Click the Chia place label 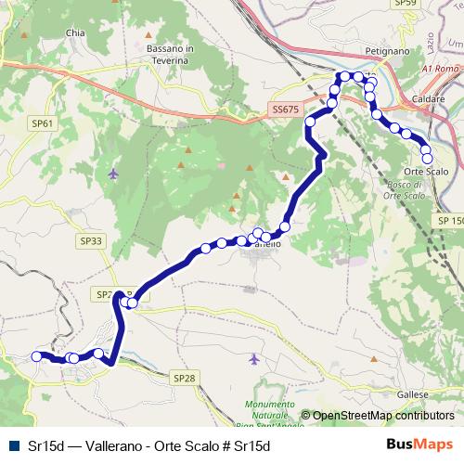click(75, 32)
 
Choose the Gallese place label click(413, 394)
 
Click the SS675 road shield click(286, 109)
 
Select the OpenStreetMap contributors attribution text click(382, 417)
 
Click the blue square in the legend click(12, 446)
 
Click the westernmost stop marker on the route click(37, 356)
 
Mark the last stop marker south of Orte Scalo click(427, 158)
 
